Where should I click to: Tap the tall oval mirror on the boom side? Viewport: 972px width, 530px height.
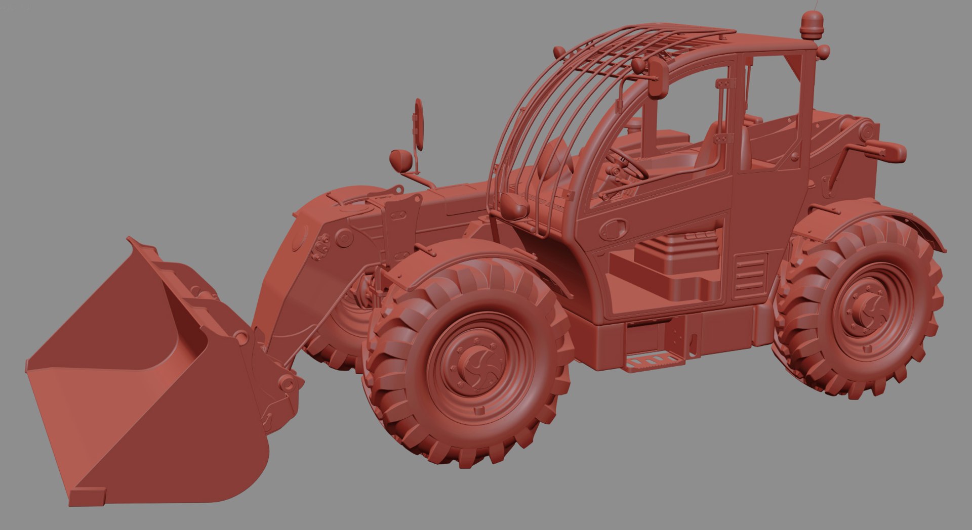(x=419, y=124)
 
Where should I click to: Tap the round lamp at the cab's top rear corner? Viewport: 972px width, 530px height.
(x=823, y=51)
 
